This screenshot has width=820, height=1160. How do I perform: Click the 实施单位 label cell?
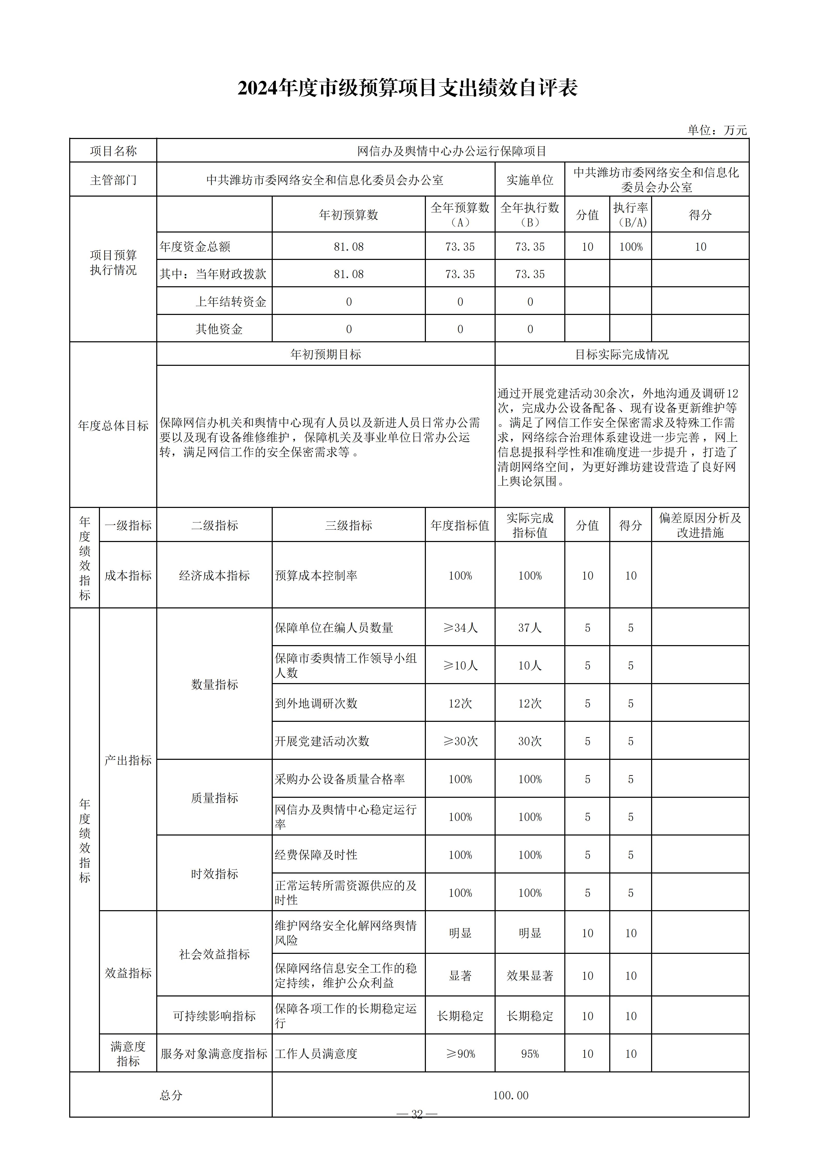click(x=530, y=180)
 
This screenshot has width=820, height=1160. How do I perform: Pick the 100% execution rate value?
click(x=631, y=247)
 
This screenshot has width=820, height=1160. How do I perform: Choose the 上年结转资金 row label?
click(x=231, y=302)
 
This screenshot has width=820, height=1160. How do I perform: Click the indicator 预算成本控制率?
click(x=316, y=575)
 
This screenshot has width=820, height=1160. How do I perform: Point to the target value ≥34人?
click(x=460, y=628)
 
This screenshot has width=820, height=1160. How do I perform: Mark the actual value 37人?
click(x=530, y=628)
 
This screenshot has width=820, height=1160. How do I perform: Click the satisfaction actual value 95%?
click(x=530, y=1054)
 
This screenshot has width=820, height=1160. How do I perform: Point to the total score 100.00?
click(x=511, y=1095)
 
